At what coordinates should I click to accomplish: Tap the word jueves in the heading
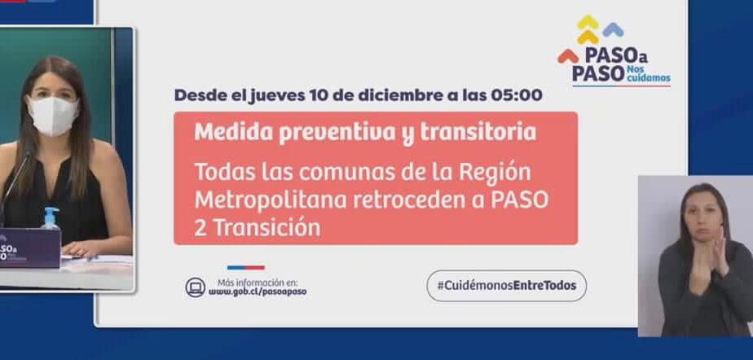[276, 95]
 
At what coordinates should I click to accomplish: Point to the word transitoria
[478, 132]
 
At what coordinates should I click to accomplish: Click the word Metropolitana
[271, 200]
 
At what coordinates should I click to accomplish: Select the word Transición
[266, 227]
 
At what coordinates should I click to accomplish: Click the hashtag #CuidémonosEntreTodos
[507, 286]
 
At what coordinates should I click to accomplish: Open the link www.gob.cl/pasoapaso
[258, 292]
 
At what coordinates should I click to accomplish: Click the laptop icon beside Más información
[196, 288]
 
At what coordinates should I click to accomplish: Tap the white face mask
[52, 115]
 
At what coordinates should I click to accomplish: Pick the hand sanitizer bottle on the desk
[50, 218]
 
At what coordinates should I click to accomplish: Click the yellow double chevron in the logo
[588, 30]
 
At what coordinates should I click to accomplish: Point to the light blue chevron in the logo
[614, 30]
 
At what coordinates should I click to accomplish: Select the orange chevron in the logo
[568, 56]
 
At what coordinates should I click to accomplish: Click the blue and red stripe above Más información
[246, 268]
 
